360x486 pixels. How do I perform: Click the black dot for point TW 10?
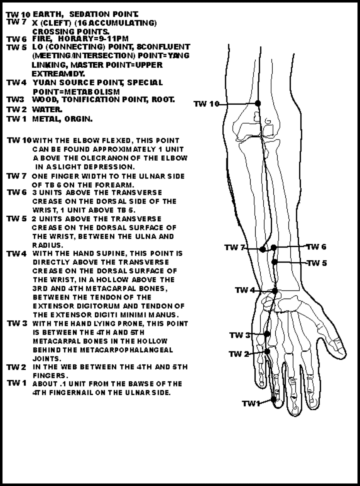258,103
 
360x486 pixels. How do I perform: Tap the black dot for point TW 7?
263,249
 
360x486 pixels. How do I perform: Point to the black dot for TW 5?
275,262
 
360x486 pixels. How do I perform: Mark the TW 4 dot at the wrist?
275,291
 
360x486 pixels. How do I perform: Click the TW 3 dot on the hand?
267,333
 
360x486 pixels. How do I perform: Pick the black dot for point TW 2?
267,351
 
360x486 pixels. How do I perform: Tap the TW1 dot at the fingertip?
274,399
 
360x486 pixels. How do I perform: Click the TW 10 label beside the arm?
206,104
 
